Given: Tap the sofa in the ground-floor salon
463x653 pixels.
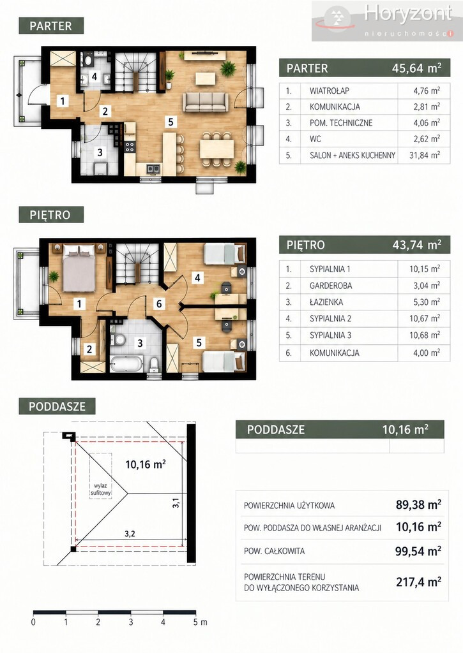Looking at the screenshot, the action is (205, 101).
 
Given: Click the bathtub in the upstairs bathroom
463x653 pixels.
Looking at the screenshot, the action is (126, 364).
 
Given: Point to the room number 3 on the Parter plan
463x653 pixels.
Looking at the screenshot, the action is (100, 152).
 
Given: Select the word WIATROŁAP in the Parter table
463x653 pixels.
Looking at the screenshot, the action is (329, 91).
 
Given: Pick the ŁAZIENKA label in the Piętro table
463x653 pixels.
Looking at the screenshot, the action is (326, 302).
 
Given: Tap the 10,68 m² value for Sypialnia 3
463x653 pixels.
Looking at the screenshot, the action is (425, 335).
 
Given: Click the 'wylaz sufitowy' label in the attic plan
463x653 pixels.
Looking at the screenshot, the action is (100, 489).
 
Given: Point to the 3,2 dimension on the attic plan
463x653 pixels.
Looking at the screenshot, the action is (130, 534).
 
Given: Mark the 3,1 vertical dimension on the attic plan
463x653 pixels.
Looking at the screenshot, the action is (176, 503).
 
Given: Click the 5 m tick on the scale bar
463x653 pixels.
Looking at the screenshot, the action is (195, 613).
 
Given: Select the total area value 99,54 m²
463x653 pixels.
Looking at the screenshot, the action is (418, 552).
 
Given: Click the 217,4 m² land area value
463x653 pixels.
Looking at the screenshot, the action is (418, 582).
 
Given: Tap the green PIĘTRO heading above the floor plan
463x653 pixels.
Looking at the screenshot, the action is (51, 215).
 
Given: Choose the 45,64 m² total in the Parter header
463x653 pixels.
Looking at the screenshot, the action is (416, 68).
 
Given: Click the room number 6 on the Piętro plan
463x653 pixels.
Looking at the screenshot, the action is (159, 304).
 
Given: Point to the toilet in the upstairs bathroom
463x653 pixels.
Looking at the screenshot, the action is (153, 364).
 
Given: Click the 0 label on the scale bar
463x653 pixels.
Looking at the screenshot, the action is (33, 622).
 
